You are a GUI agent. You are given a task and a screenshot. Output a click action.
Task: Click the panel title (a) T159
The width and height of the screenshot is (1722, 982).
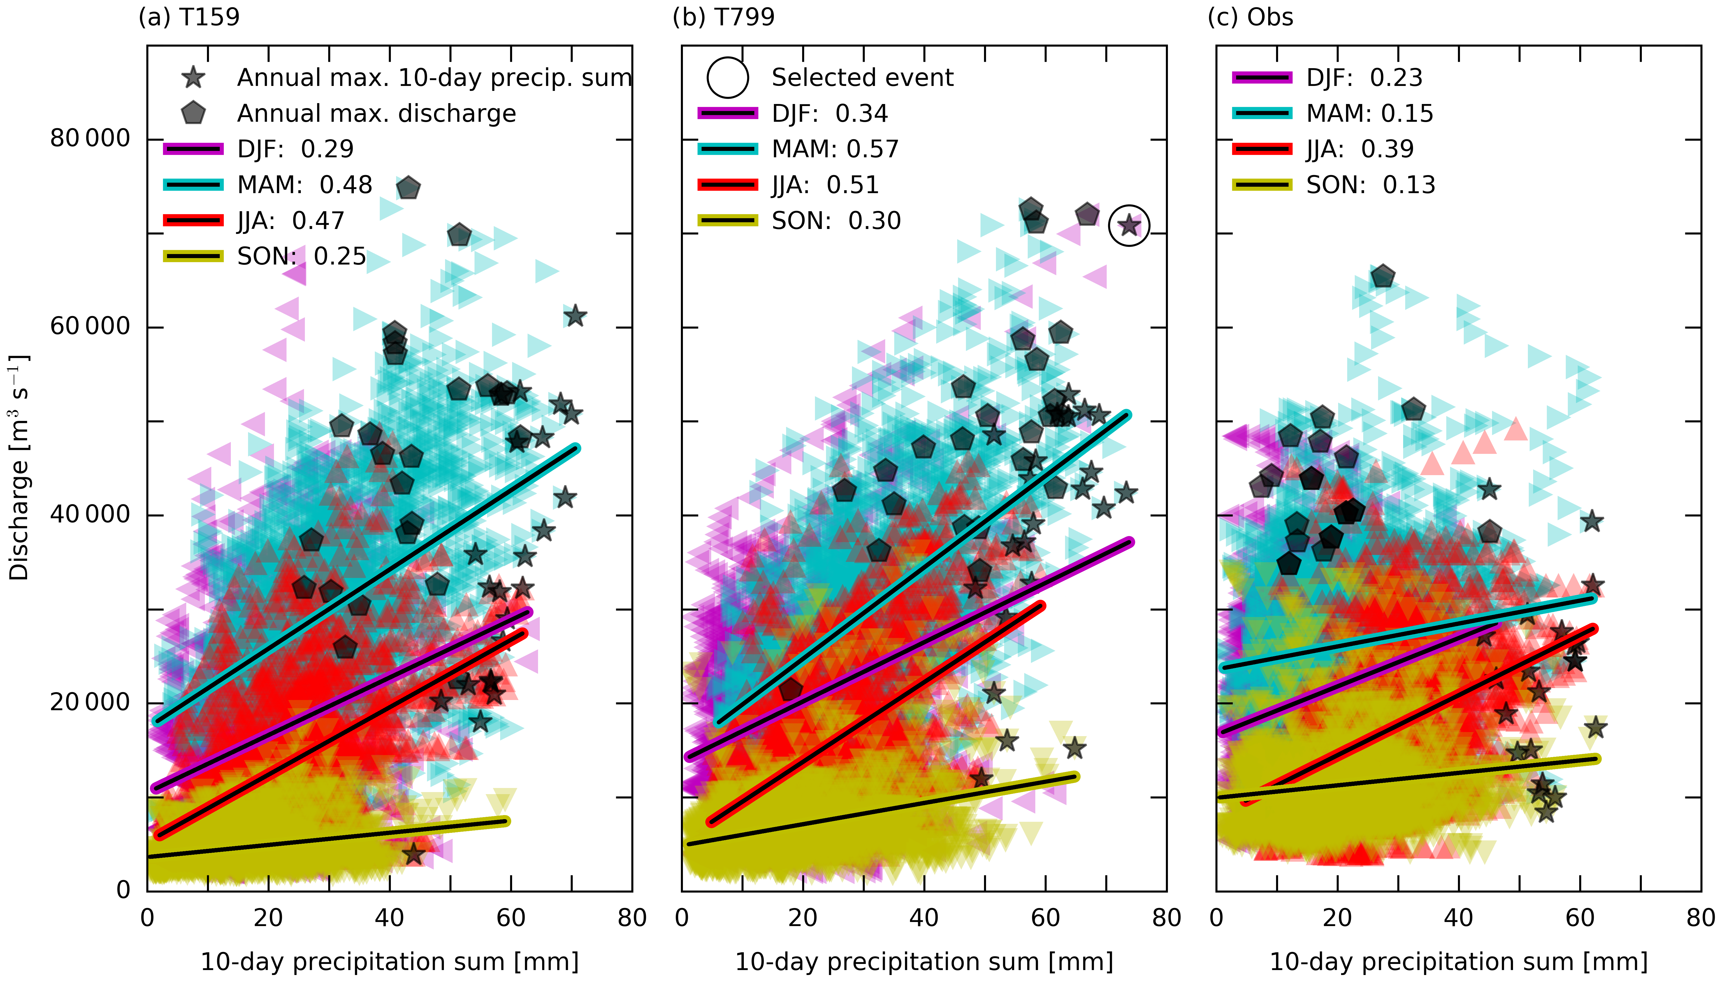point(189,17)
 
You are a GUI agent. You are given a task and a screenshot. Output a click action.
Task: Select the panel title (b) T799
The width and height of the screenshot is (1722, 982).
point(723,17)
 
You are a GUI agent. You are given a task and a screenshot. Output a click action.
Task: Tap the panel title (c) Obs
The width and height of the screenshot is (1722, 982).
point(1250,17)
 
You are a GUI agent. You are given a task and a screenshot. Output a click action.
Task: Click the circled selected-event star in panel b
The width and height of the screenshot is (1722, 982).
point(1129,225)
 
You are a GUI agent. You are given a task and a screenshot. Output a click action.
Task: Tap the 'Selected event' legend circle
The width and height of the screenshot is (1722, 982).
point(728,77)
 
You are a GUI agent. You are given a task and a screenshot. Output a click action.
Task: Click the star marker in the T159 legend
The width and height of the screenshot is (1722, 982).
point(194,77)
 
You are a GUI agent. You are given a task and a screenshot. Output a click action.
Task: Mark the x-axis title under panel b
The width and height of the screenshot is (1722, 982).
point(924,961)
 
